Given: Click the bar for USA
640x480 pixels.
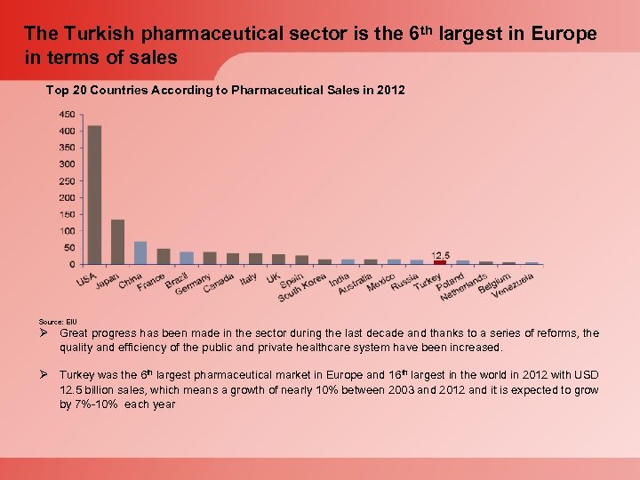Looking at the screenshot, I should point(94,195).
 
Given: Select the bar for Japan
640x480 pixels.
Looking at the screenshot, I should point(117,242).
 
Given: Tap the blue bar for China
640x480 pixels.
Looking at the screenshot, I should point(140,253).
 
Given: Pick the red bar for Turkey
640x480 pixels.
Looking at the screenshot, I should point(440,262).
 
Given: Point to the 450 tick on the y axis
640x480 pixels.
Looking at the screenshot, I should point(67,115).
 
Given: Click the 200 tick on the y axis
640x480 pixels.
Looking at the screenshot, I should point(67,197).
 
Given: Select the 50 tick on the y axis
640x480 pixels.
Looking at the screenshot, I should point(69,247).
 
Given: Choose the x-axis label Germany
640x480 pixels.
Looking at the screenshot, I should point(194,284).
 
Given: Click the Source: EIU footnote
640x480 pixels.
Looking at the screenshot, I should point(59,321).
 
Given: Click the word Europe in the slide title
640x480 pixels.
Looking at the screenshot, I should point(564,35).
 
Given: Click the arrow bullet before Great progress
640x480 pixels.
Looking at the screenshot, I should point(45,333).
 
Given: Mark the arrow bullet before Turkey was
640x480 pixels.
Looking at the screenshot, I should point(45,376).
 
